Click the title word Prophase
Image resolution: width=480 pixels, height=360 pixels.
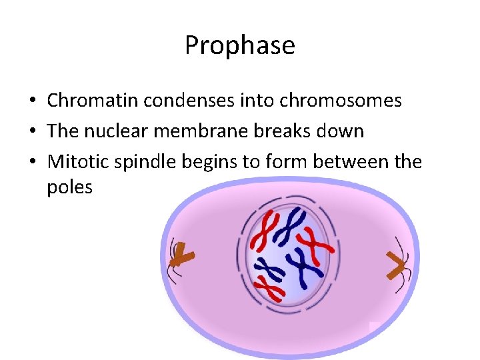click(x=239, y=45)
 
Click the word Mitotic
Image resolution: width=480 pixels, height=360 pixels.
click(x=77, y=161)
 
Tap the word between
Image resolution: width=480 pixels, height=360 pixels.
click(x=354, y=161)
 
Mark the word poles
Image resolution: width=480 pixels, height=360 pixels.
click(x=69, y=187)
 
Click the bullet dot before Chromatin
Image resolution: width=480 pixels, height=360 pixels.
click(x=32, y=101)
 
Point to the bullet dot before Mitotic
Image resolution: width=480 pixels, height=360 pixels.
click(x=32, y=162)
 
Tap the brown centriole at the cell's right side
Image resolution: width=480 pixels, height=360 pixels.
click(x=397, y=268)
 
